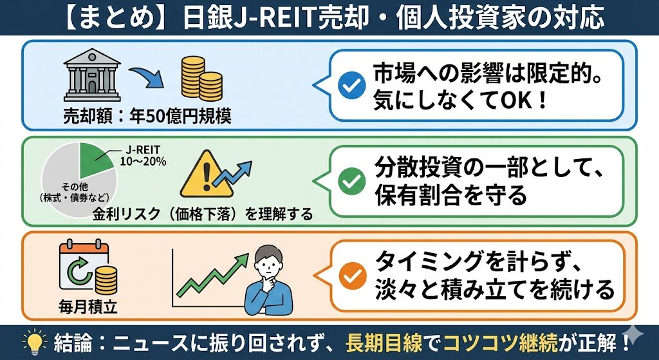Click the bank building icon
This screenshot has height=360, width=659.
92,75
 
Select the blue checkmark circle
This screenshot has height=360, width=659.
352,84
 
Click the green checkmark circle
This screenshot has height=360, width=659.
352,181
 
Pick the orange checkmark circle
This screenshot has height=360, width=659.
352,276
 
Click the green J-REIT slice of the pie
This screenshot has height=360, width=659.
95,162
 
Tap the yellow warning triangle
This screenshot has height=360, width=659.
207,175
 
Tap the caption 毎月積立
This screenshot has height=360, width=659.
88,308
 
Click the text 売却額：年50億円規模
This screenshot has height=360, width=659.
147,116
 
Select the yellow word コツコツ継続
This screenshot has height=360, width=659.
501,343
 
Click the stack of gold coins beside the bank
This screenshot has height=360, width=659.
201,79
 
